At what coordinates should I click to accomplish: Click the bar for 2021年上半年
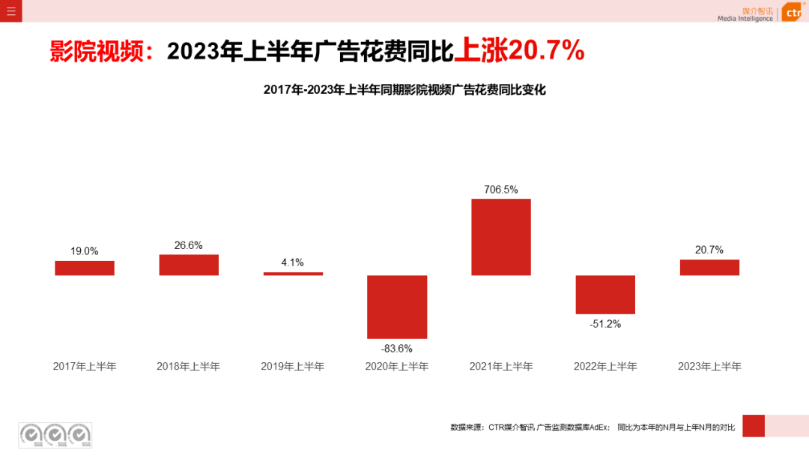coord(501,237)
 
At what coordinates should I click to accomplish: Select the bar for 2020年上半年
coord(397,307)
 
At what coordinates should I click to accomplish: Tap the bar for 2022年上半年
coord(605,294)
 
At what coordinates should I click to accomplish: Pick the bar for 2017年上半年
coord(85,268)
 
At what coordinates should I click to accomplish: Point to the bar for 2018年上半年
coord(189,265)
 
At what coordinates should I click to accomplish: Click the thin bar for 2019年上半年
coord(293,274)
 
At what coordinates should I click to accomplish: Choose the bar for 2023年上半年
coord(709,267)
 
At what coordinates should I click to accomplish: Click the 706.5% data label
coord(501,190)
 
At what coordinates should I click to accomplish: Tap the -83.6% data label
coord(397,348)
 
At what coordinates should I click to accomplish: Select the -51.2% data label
coord(605,324)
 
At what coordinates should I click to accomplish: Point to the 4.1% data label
coord(293,262)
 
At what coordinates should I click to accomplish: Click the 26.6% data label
coord(189,245)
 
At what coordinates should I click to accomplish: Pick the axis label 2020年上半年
coord(397,367)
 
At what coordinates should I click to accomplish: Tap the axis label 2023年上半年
coord(709,367)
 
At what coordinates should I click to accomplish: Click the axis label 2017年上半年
coord(85,367)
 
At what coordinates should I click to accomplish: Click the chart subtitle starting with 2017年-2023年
coord(404,90)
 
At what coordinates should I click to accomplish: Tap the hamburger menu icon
coord(10,10)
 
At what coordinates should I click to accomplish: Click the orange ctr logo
coord(793,12)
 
